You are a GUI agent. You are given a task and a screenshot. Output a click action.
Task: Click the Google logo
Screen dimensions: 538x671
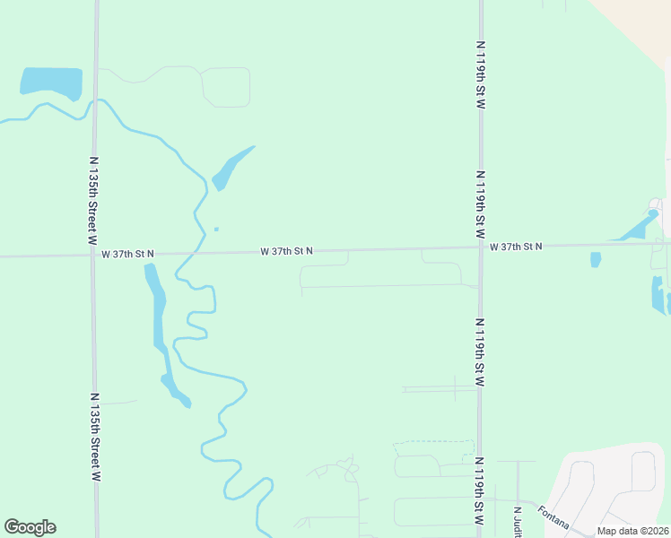[x=30, y=527]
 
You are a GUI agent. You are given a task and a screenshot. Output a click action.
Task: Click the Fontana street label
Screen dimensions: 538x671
[x=553, y=519]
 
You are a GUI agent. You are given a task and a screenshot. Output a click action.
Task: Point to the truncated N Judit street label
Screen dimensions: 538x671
[x=518, y=523]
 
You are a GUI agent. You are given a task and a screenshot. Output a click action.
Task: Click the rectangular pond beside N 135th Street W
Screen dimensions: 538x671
[x=51, y=82]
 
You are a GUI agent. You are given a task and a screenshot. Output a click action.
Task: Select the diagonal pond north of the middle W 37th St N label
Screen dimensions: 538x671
[x=231, y=169]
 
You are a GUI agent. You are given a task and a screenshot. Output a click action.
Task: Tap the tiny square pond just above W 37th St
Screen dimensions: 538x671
[x=216, y=230]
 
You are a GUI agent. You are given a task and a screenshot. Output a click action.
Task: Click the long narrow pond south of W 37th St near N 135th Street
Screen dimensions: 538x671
[x=158, y=314]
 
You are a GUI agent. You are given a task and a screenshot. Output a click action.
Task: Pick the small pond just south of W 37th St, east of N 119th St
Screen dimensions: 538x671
[x=596, y=260]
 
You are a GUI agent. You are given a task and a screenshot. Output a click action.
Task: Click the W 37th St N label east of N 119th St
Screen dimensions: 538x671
[x=516, y=246]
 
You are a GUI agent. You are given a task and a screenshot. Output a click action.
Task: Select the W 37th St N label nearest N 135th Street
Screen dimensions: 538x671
[x=127, y=254]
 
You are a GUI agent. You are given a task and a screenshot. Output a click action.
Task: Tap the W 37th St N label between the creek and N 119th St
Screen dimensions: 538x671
[x=286, y=251]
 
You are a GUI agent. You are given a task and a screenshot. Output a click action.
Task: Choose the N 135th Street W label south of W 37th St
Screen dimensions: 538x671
[x=94, y=437]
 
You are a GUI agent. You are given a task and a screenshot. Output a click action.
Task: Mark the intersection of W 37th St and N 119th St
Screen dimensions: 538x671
[x=480, y=247]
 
